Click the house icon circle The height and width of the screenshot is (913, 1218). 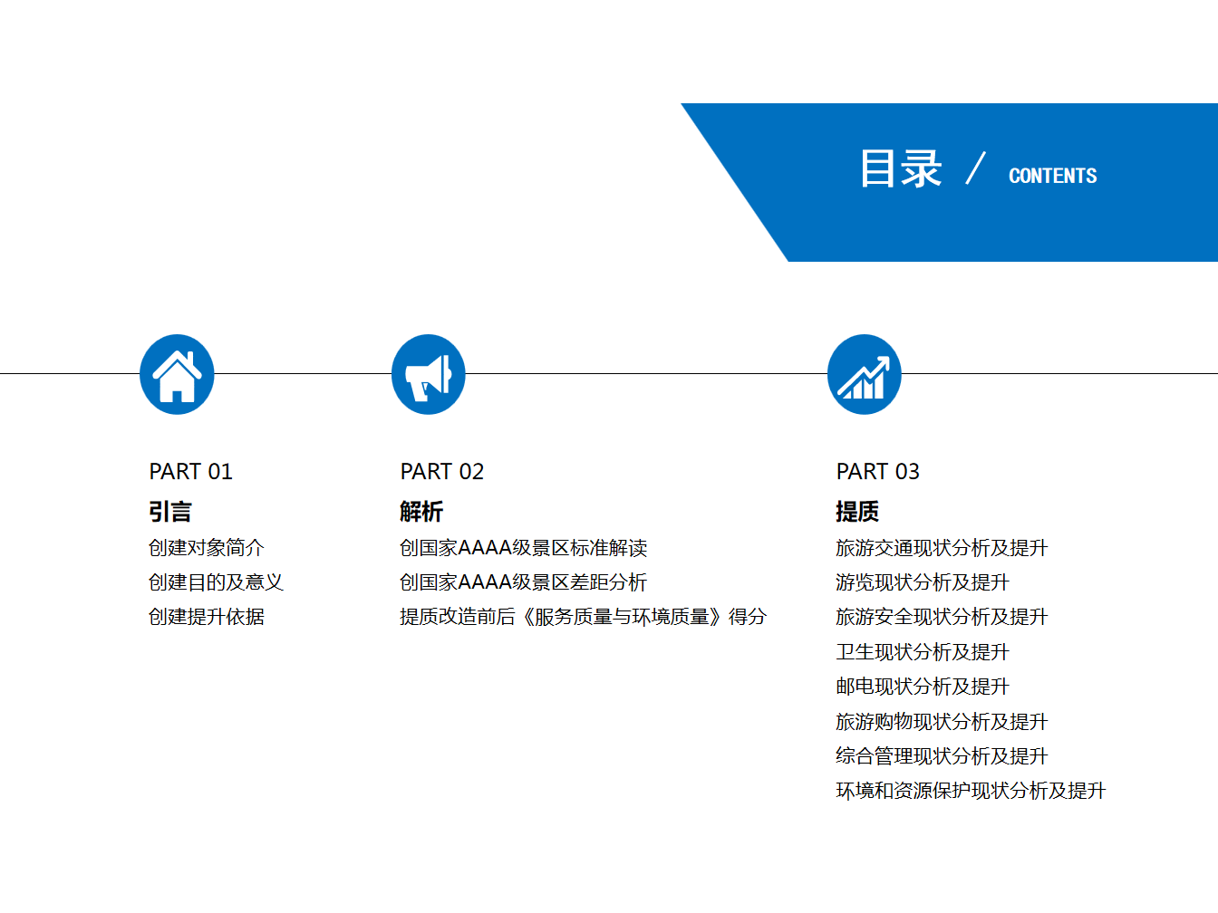(x=177, y=374)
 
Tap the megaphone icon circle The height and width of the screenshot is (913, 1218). (x=429, y=374)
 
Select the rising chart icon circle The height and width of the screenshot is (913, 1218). (x=864, y=374)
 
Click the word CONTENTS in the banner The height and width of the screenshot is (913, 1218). (x=1053, y=176)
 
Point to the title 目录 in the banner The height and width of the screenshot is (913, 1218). (x=901, y=168)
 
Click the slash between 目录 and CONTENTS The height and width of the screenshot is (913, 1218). (x=975, y=168)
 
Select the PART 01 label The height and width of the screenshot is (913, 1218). (x=191, y=472)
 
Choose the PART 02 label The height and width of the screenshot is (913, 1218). (x=441, y=472)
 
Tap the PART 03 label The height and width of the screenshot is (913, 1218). (x=878, y=472)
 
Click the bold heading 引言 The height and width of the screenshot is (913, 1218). (x=169, y=511)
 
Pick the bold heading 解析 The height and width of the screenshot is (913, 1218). (x=421, y=511)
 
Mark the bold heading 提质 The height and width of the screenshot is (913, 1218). (x=857, y=511)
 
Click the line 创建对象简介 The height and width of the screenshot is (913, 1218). (x=207, y=548)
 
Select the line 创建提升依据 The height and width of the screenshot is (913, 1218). (x=207, y=617)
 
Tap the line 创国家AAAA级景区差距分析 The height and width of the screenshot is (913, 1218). (x=523, y=582)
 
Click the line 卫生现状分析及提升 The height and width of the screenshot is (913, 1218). (x=923, y=652)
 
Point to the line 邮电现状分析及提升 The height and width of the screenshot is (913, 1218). (x=923, y=687)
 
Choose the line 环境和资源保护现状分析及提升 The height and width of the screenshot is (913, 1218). (x=971, y=791)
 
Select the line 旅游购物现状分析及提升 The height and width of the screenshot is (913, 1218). (x=942, y=722)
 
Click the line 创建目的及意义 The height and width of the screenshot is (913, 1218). (x=216, y=582)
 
